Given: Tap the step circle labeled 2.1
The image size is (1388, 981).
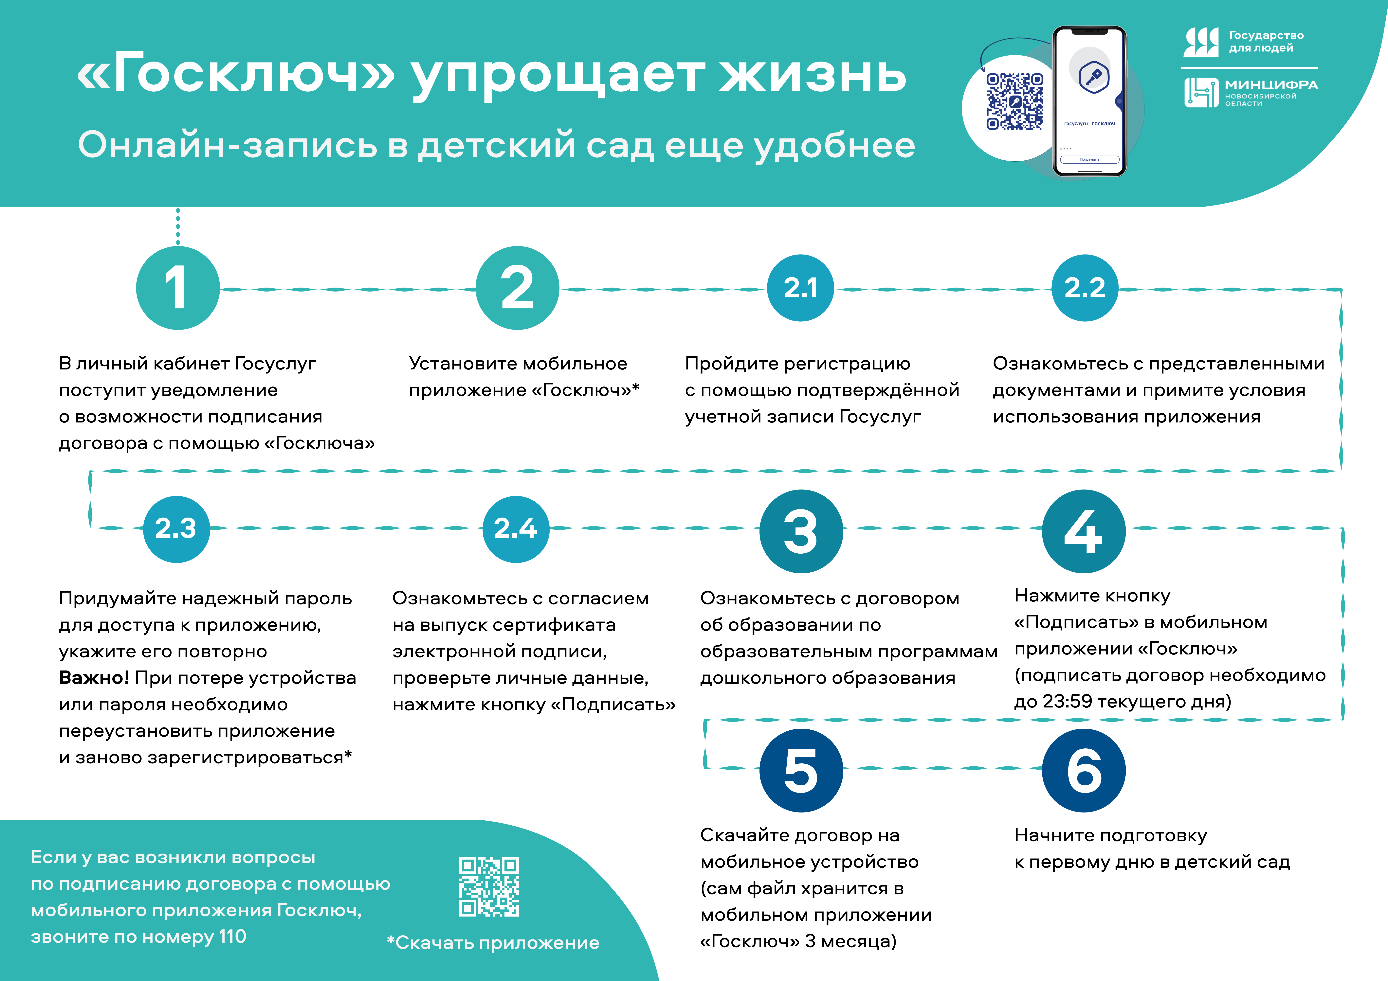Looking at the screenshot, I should (800, 288).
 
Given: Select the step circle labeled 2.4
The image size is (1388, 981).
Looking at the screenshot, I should (516, 529).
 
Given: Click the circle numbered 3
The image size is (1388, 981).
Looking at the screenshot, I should (801, 531).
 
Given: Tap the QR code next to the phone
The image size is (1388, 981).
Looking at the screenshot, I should (1015, 101).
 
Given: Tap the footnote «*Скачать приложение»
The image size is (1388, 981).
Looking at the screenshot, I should (493, 943).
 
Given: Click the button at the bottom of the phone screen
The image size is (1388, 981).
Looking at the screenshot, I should (1089, 160).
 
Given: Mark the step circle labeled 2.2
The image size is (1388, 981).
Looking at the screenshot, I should (1085, 288).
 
